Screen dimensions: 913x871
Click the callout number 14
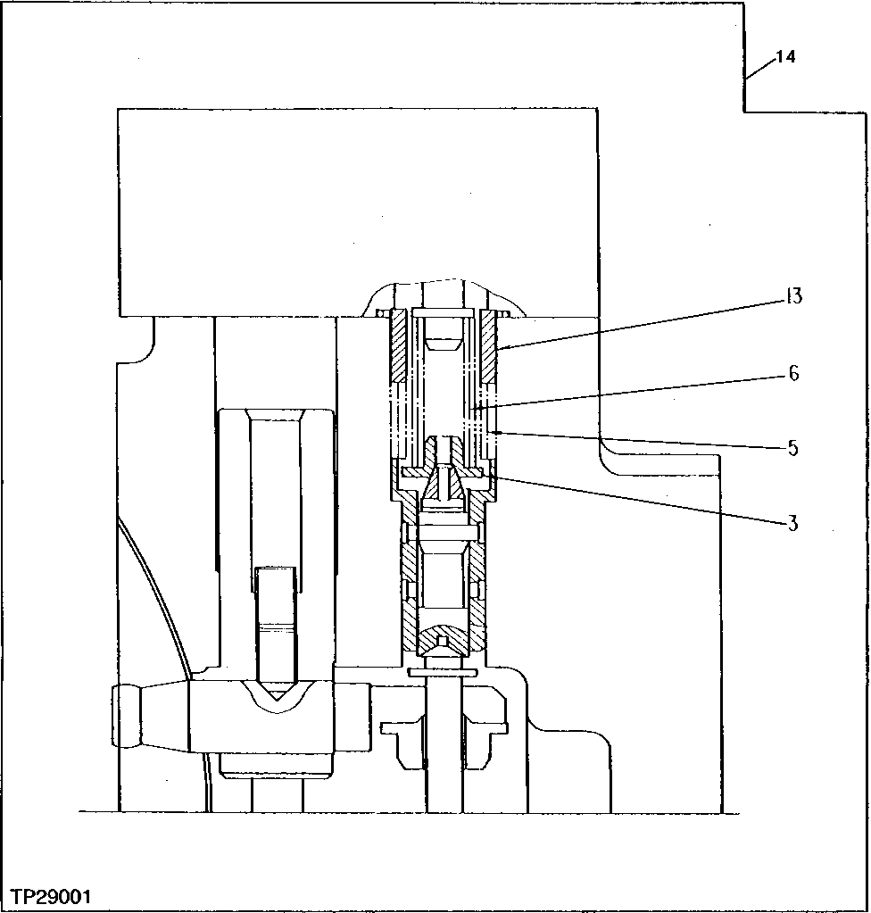point(785,57)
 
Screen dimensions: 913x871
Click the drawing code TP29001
point(51,896)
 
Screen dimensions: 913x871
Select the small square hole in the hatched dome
point(444,641)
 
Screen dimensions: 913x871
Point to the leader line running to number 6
point(625,390)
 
